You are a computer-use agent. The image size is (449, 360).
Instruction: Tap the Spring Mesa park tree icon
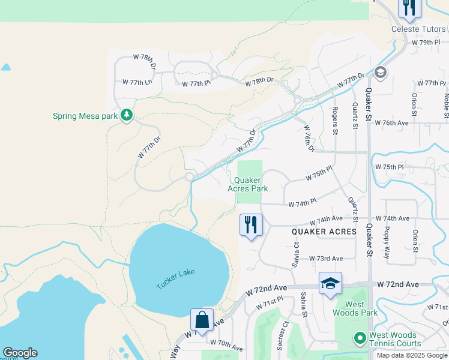click(126, 115)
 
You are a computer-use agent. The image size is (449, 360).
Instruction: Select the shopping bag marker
click(202, 320)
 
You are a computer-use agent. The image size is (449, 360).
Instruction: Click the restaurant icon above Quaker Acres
click(251, 226)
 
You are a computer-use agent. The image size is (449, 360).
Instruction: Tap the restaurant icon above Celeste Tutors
click(409, 7)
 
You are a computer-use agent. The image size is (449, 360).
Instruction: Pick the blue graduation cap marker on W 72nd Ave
click(330, 284)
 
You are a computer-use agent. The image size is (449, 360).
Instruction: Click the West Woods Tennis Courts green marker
click(360, 339)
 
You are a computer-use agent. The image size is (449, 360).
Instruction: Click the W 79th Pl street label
click(426, 43)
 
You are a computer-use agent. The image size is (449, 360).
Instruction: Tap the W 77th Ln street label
click(137, 82)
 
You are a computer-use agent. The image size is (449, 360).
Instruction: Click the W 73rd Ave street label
click(326, 259)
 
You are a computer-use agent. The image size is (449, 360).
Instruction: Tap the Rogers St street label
click(335, 120)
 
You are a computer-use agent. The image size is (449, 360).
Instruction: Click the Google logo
click(20, 353)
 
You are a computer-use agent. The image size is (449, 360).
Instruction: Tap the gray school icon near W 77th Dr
click(379, 73)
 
